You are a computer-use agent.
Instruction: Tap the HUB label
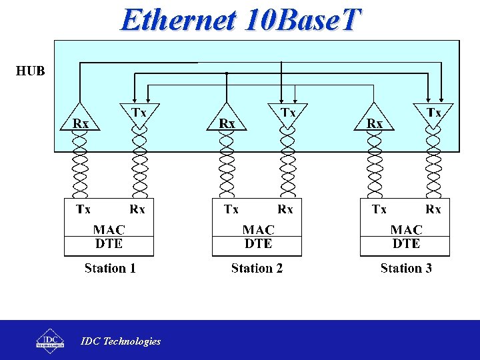[x=31, y=70]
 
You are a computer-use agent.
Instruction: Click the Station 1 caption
[x=110, y=269]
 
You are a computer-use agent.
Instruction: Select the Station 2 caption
[x=257, y=269]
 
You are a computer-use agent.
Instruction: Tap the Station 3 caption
[x=406, y=269]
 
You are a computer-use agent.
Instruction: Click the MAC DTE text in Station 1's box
[x=109, y=237]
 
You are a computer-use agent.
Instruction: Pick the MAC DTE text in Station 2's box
[x=257, y=237]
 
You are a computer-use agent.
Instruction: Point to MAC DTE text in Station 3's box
[x=406, y=237]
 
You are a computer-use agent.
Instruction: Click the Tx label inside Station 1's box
[x=83, y=209]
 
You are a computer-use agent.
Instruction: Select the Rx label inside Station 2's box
[x=285, y=209]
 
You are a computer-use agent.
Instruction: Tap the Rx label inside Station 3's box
[x=433, y=209]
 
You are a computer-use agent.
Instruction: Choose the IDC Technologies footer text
[x=121, y=341]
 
